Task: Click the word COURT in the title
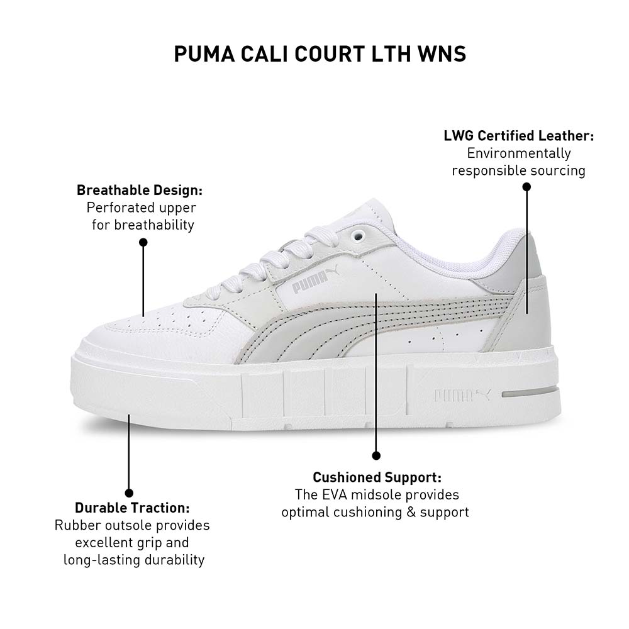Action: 330,54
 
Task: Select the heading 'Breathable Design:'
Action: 140,190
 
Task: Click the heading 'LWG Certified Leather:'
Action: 519,136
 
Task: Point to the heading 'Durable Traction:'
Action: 132,508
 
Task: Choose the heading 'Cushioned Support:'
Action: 377,477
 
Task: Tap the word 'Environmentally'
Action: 519,153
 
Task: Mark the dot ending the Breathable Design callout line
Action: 143,242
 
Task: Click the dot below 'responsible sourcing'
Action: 526,187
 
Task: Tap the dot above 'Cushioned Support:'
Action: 376,455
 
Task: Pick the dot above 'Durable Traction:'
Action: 129,493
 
